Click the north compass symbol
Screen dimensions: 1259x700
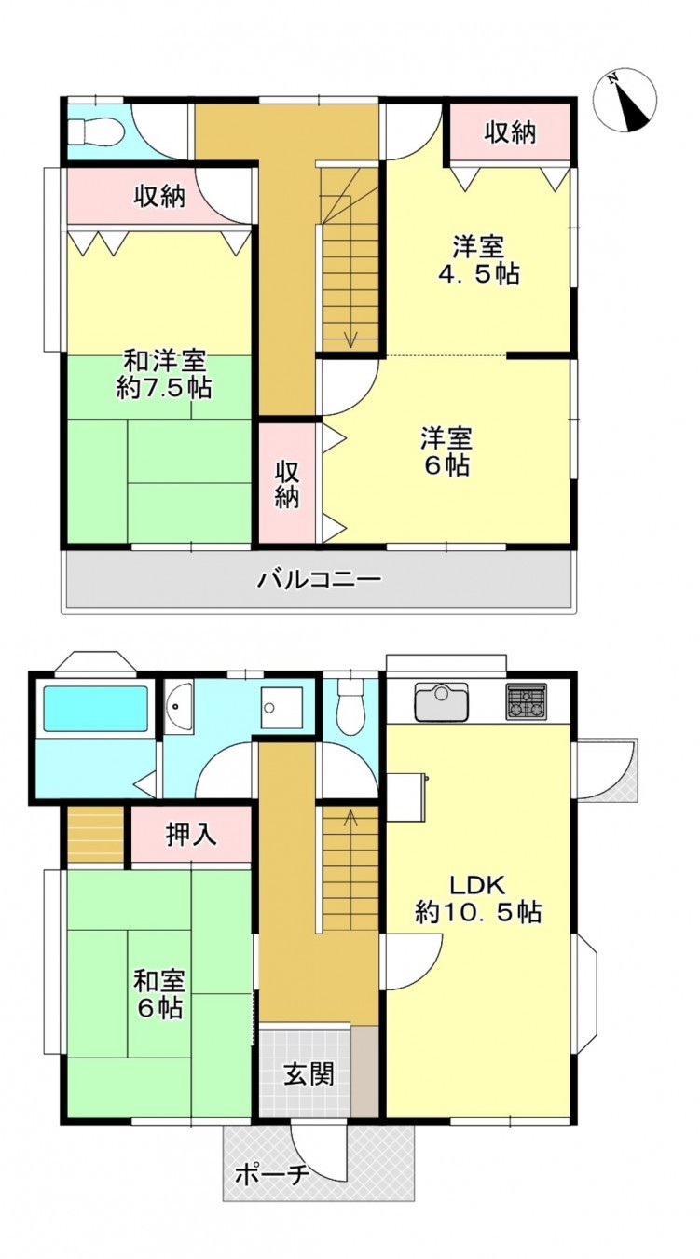click(625, 102)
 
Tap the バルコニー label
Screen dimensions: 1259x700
click(319, 580)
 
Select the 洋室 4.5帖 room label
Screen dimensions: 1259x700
click(480, 261)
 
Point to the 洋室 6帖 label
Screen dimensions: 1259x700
click(445, 451)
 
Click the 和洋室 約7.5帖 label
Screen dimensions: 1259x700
click(164, 375)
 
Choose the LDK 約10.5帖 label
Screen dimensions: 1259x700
click(478, 898)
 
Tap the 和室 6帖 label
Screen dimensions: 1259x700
click(158, 994)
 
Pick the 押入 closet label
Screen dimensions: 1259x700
click(191, 835)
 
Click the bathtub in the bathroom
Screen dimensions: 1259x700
click(96, 710)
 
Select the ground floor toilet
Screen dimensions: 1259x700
click(351, 707)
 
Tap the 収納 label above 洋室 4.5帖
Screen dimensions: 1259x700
click(510, 132)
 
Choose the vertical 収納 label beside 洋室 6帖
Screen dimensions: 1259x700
click(287, 484)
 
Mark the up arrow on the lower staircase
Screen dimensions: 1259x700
click(350, 819)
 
